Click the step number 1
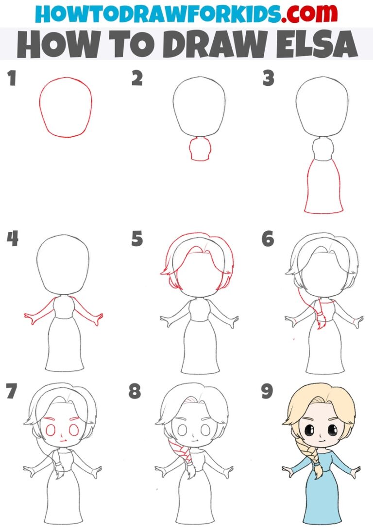tap(11, 78)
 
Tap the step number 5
tap(137, 239)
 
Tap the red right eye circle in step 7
tap(74, 430)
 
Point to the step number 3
tap(268, 78)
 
